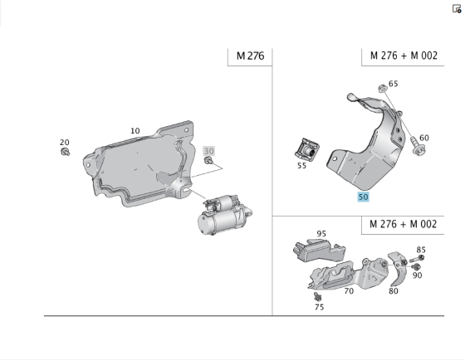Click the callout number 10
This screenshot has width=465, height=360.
point(135,130)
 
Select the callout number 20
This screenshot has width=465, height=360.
point(65,142)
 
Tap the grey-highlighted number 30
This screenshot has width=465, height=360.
point(209,151)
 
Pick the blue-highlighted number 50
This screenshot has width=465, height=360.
point(363,197)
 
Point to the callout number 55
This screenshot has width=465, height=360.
point(302,166)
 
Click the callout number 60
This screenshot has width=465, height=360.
point(423,138)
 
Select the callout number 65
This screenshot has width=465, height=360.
point(393,84)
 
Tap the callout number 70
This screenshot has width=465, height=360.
point(349,291)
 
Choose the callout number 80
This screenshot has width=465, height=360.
point(393,291)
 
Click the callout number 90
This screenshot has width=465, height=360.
point(417,275)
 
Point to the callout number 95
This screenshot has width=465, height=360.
point(321,235)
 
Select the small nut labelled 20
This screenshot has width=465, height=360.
point(66,153)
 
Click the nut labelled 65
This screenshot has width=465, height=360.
point(381,87)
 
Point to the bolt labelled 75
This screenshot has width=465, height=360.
point(316,295)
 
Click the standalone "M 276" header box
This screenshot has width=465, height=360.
point(249,56)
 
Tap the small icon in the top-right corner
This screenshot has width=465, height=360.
point(456,8)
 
